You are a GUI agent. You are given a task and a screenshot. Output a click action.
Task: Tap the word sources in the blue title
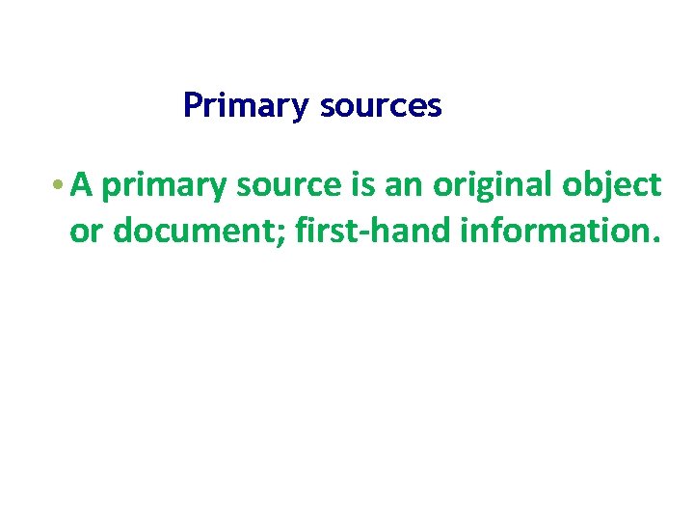(381, 105)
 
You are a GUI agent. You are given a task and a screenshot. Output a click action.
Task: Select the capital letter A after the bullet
(81, 184)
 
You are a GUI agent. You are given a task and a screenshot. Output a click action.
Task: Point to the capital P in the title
(192, 104)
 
